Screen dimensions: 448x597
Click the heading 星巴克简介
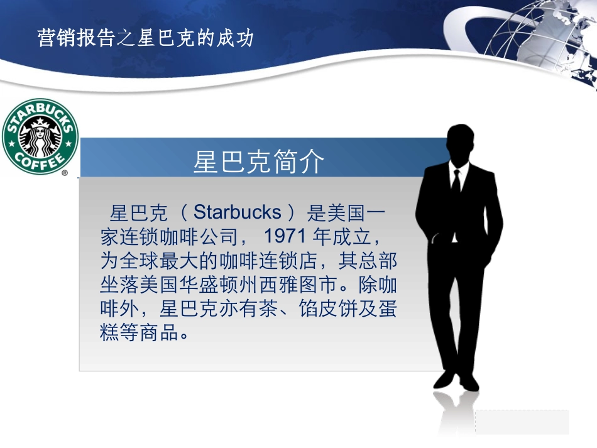pyautogui.click(x=259, y=162)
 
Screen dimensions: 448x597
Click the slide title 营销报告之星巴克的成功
pyautogui.click(x=145, y=38)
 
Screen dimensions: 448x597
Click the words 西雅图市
pyautogui.click(x=308, y=285)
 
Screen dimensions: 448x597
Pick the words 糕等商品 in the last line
pyautogui.click(x=138, y=333)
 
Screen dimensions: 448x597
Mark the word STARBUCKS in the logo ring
pyautogui.click(x=40, y=112)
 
